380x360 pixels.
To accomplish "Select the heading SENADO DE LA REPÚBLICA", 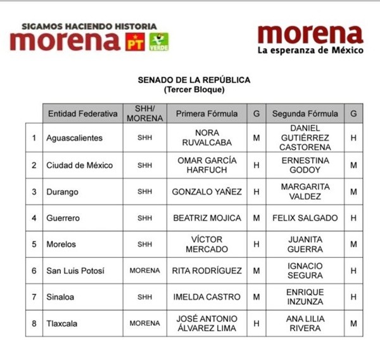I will [x=194, y=80].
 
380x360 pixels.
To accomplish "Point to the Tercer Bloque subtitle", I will [x=194, y=89].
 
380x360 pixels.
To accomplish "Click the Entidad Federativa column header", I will [x=82, y=114].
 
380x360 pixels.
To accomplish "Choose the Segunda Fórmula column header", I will [x=305, y=114].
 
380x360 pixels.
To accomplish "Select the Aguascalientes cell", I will [x=75, y=138].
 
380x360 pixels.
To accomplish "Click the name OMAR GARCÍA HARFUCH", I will [x=207, y=165].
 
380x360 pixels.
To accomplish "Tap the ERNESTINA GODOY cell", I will [x=305, y=165].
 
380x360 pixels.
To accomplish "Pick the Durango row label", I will [x=62, y=191].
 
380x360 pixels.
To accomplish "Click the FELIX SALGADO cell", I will [x=305, y=218].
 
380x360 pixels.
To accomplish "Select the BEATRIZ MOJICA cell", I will [x=207, y=218].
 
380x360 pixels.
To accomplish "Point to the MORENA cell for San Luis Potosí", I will [x=144, y=271].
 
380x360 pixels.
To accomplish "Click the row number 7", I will [x=34, y=297].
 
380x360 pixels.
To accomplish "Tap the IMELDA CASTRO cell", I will [x=207, y=297].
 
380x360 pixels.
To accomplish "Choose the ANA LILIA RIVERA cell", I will [x=305, y=323].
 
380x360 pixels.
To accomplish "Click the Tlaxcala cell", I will [x=62, y=323].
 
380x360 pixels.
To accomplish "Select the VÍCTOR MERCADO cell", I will [x=207, y=244].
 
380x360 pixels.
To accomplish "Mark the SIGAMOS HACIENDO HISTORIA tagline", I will [x=89, y=27].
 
